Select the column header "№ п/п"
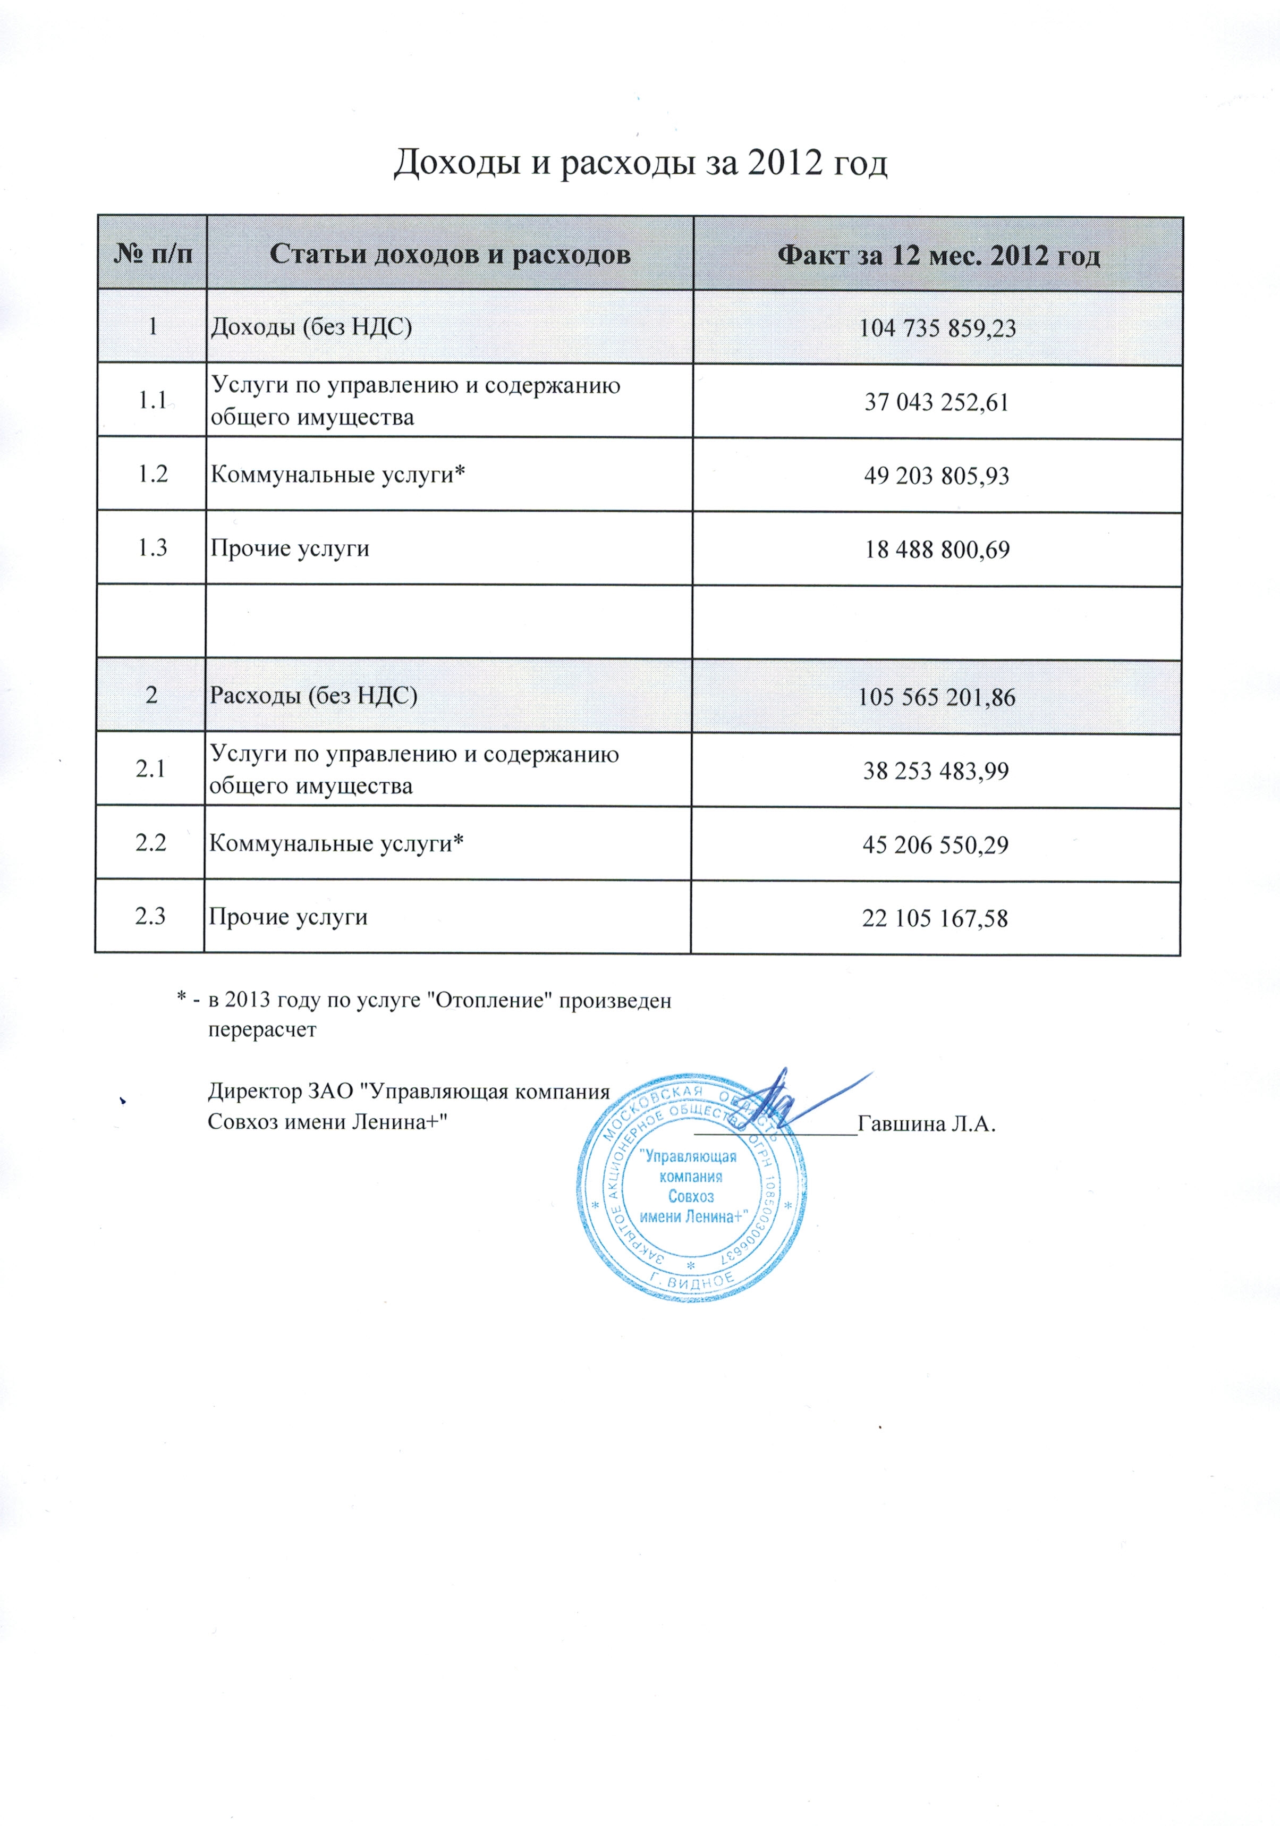[152, 255]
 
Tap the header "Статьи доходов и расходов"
[450, 255]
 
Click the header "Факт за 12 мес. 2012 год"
[938, 256]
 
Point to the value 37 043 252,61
[937, 402]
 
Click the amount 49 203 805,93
[937, 476]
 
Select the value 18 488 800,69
[937, 550]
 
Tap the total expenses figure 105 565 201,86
[937, 697]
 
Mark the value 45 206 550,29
[936, 844]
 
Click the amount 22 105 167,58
[935, 918]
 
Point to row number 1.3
[152, 548]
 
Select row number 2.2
[150, 843]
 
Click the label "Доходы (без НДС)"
[311, 327]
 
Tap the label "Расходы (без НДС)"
[312, 696]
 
